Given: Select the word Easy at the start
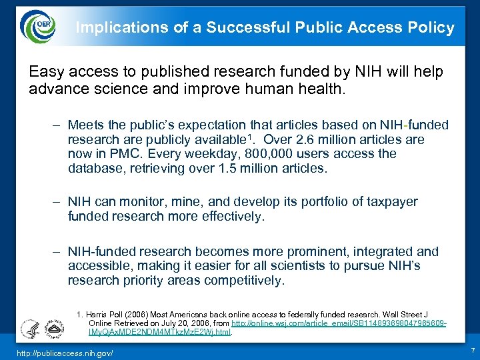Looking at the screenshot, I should coord(44,71).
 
